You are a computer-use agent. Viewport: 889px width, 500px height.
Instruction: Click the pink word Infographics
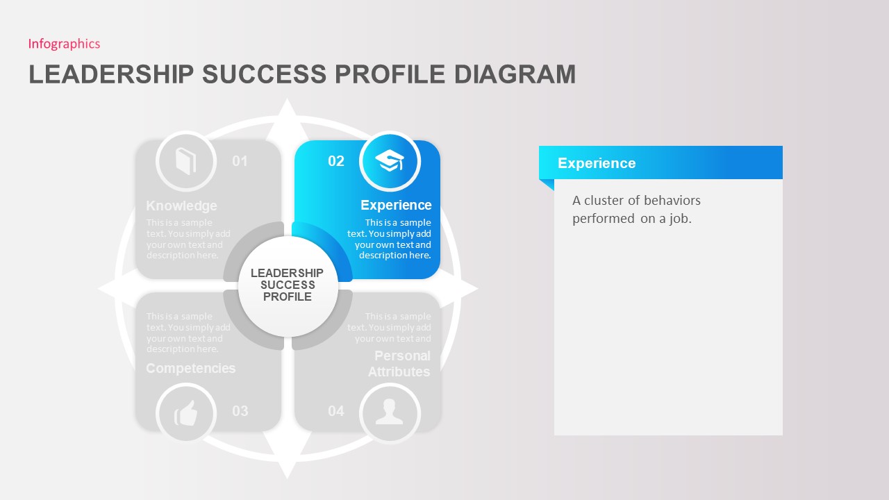64,44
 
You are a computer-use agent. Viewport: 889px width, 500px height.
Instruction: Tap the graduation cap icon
390,161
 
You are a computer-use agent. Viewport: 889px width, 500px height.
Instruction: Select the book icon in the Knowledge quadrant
185,161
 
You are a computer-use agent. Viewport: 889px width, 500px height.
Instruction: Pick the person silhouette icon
390,412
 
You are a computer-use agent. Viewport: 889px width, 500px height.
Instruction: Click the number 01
240,161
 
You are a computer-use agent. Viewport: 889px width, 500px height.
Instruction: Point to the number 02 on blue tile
336,161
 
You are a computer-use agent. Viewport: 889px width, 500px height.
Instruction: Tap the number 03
240,411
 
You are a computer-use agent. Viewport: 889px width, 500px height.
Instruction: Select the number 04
336,411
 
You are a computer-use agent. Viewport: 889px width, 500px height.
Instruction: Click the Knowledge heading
181,206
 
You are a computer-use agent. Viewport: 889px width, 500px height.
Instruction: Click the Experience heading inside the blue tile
396,205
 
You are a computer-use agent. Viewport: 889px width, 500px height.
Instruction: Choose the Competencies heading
190,368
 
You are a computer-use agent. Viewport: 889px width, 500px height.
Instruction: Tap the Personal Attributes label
400,364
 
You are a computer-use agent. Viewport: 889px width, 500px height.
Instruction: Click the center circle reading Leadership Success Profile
287,285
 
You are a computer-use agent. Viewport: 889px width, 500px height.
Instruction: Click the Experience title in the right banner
597,163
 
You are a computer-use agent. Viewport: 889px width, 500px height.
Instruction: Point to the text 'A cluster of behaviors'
636,201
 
